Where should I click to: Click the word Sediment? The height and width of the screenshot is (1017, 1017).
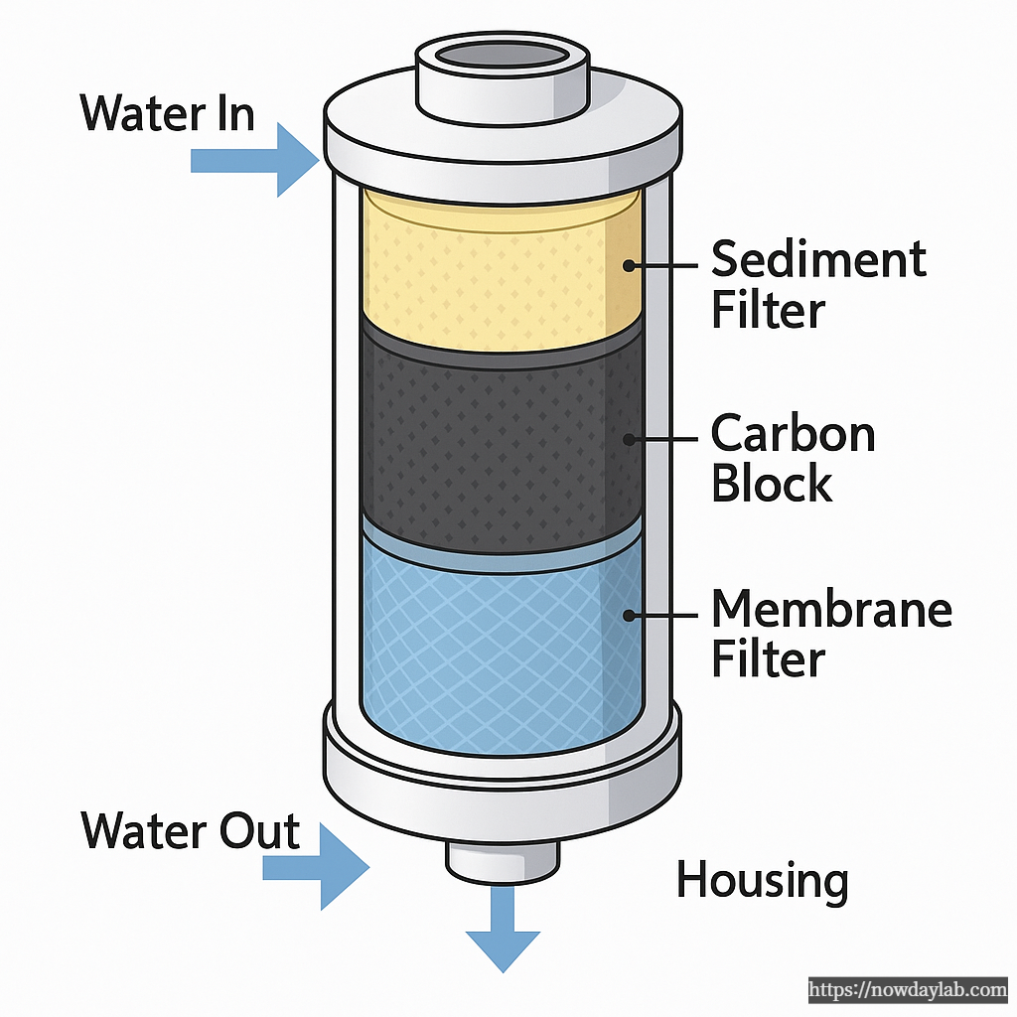click(818, 260)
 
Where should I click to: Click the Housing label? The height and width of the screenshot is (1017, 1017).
click(762, 880)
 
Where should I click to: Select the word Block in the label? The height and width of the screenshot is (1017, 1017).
click(772, 485)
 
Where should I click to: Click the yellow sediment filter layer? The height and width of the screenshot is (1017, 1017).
click(497, 268)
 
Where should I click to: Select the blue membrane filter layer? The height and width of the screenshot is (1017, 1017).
click(497, 636)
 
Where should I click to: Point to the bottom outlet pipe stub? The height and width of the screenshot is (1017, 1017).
click(502, 860)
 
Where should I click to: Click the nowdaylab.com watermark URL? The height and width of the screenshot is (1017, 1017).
click(908, 990)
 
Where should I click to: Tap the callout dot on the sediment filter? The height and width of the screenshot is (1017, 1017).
click(629, 265)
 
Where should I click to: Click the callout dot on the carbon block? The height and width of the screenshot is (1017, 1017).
click(629, 438)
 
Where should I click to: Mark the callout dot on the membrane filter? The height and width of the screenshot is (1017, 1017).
click(629, 615)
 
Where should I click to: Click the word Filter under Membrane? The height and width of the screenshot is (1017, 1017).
click(768, 659)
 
